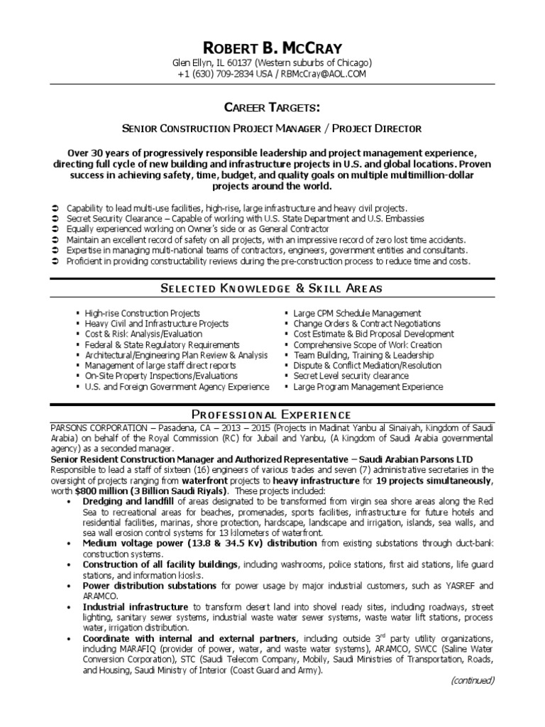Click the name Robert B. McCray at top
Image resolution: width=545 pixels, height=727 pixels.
[x=272, y=48]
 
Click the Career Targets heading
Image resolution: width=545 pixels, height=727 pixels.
[x=272, y=107]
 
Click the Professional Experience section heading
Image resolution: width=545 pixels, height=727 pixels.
[x=272, y=414]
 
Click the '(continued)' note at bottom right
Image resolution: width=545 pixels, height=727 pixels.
[x=472, y=680]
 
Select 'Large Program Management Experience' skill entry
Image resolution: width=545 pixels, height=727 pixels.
[x=368, y=387]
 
